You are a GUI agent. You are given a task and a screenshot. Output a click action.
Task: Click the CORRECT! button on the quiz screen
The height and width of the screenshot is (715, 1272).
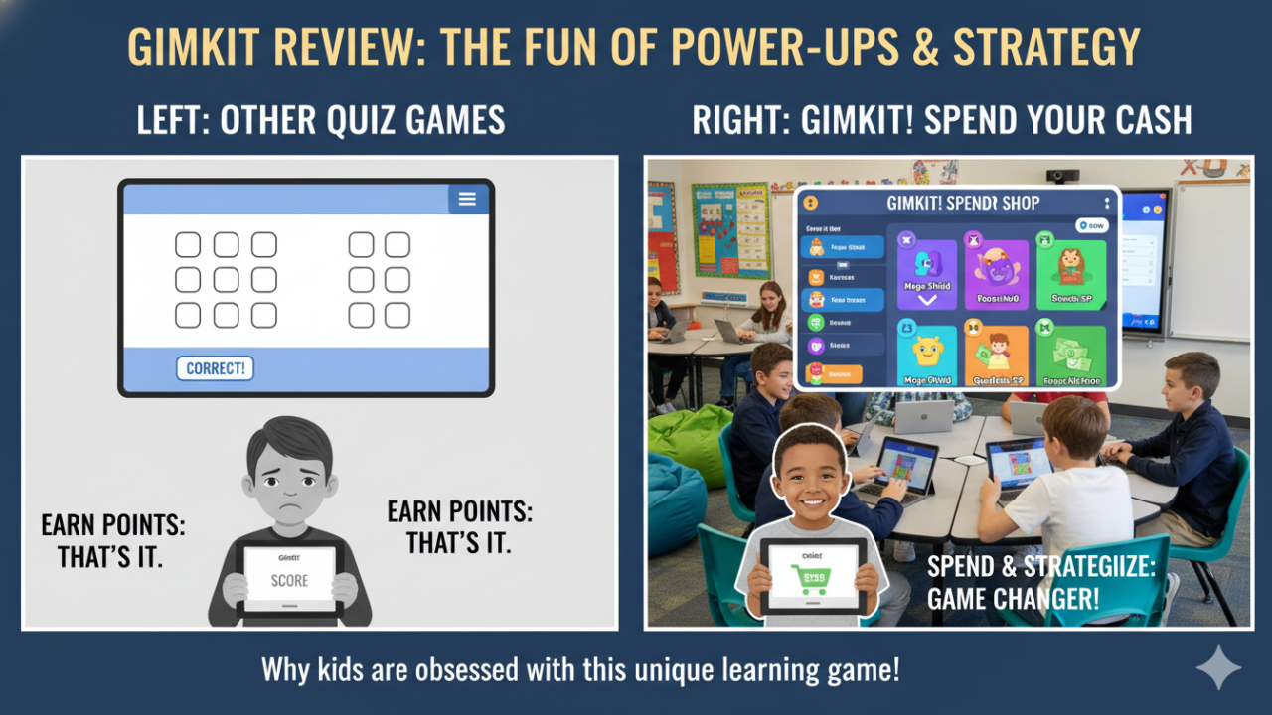[215, 368]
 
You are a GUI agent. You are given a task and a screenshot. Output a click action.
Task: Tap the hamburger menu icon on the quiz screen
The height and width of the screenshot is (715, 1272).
[467, 199]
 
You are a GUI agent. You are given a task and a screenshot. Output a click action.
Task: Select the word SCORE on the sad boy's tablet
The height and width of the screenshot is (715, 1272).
[289, 580]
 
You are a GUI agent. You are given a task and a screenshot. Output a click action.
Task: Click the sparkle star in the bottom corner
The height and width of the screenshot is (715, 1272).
[1218, 667]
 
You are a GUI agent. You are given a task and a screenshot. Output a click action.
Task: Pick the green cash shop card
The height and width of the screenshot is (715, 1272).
[1070, 355]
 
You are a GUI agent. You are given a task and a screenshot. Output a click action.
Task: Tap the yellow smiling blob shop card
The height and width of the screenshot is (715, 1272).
[926, 355]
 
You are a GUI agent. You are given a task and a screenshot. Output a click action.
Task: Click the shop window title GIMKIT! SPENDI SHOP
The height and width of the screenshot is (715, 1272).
[962, 203]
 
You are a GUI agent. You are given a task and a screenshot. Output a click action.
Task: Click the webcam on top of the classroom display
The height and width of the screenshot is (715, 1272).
[1062, 176]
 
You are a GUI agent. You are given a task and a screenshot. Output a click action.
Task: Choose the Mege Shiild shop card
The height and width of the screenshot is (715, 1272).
[926, 271]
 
